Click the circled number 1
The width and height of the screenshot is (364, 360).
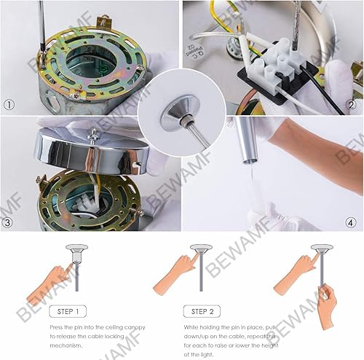click(9, 104)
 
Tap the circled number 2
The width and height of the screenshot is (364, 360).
click(352, 104)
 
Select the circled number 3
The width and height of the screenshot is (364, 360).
click(9, 222)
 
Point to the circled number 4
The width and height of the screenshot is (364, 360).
click(352, 222)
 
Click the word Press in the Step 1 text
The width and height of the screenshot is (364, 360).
click(58, 327)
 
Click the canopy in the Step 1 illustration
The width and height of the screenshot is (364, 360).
click(74, 251)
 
